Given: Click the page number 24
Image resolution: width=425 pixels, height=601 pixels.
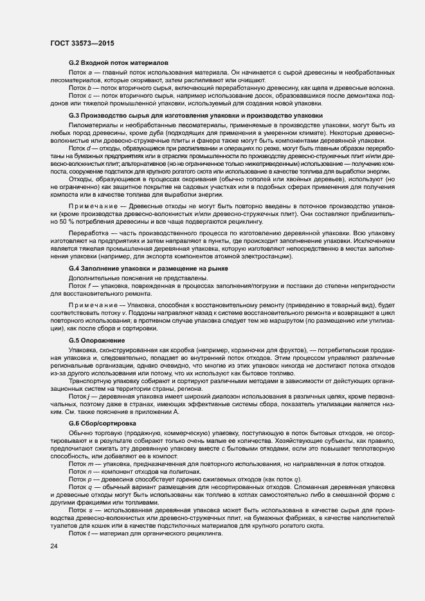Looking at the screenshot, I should pos(53,546).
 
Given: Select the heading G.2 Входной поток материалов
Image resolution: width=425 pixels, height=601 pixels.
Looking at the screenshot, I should pos(118,63).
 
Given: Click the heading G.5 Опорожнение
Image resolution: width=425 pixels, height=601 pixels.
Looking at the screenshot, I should pos(96,339).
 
